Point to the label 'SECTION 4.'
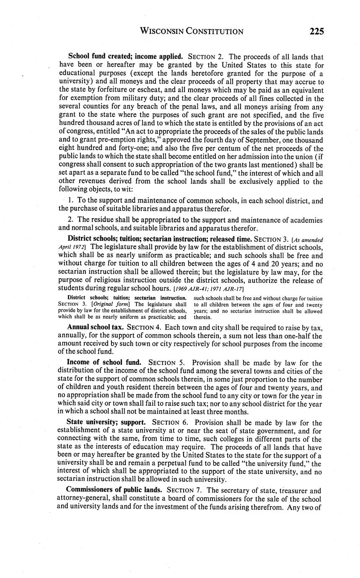pos(144,327)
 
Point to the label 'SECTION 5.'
pos(169,363)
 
